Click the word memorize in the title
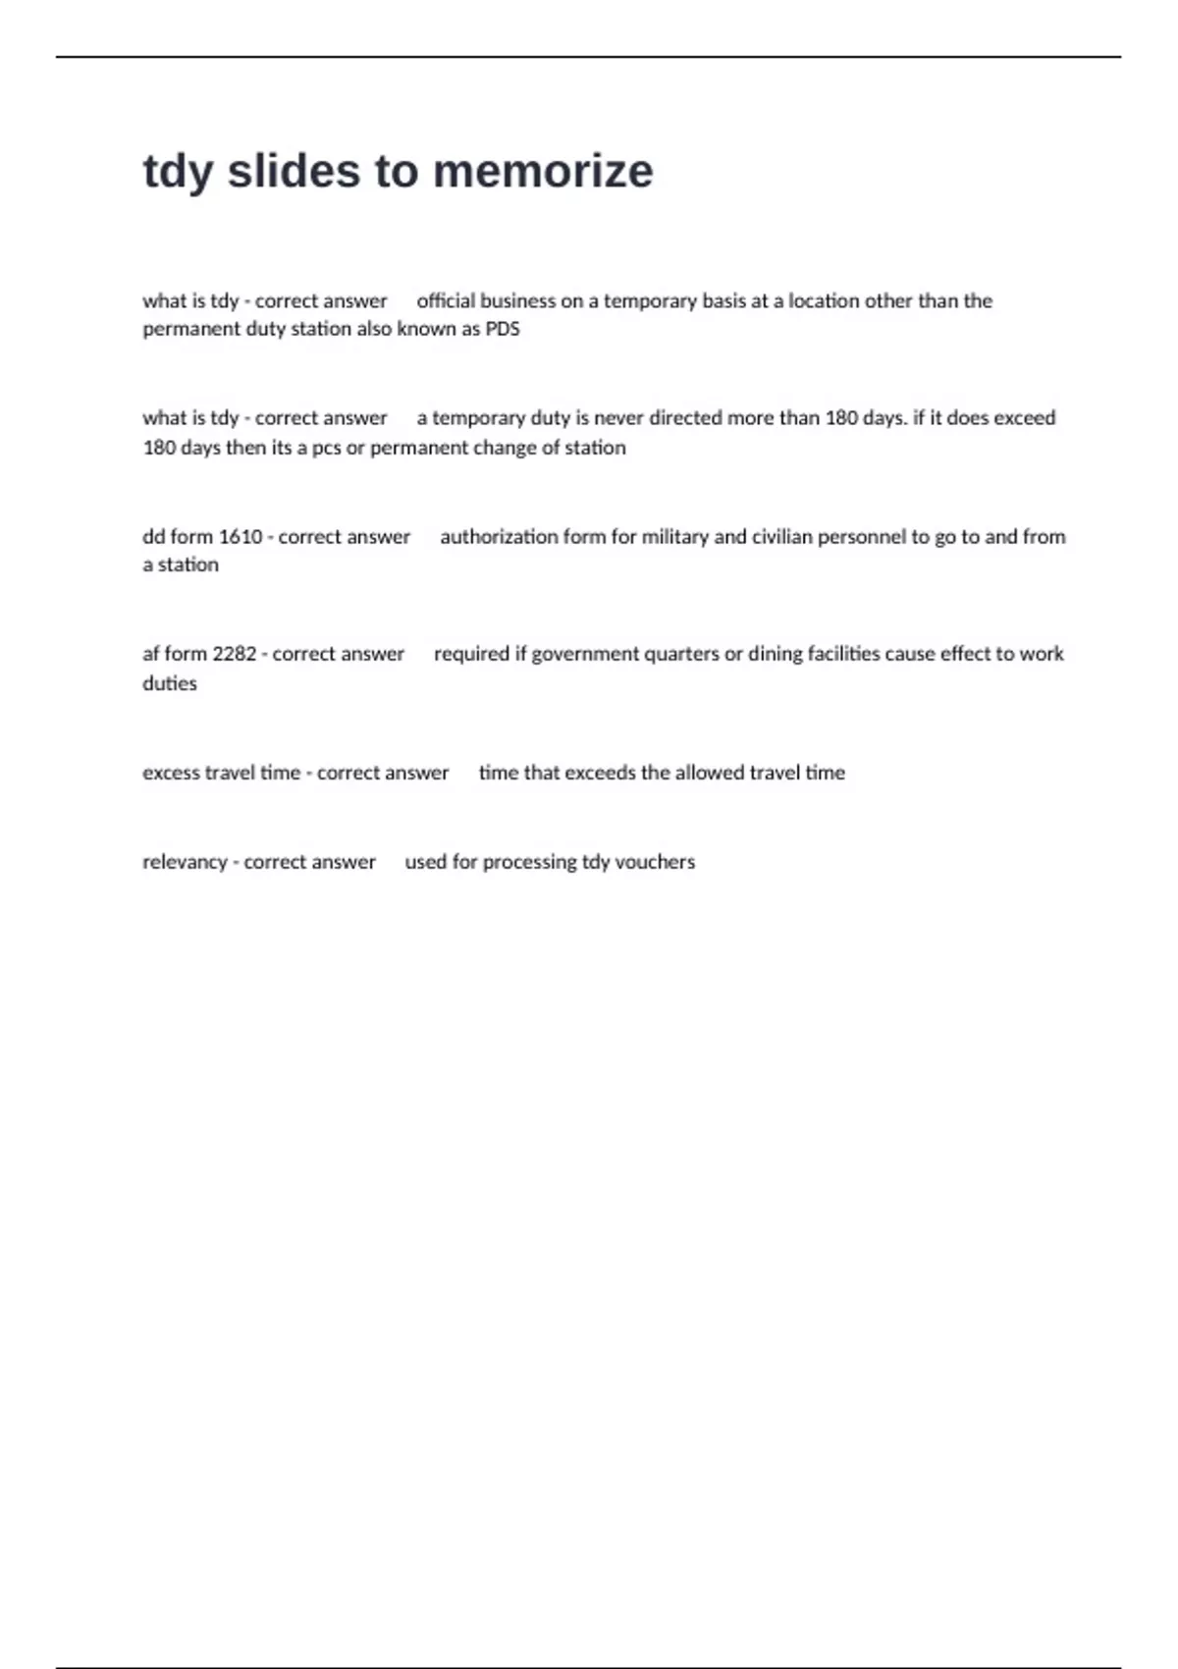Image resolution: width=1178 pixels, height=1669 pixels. click(x=542, y=171)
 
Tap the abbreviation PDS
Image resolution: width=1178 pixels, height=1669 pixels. click(x=503, y=329)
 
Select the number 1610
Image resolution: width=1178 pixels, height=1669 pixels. click(x=241, y=537)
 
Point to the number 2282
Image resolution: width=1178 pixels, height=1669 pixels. click(x=235, y=654)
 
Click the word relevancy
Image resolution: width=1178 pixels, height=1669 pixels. click(x=185, y=862)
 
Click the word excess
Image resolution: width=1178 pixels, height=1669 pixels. click(x=171, y=773)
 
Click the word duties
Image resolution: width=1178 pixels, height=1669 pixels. click(x=170, y=683)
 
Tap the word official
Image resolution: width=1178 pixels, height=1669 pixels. click(x=446, y=301)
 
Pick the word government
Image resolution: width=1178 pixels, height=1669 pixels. click(x=585, y=654)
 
